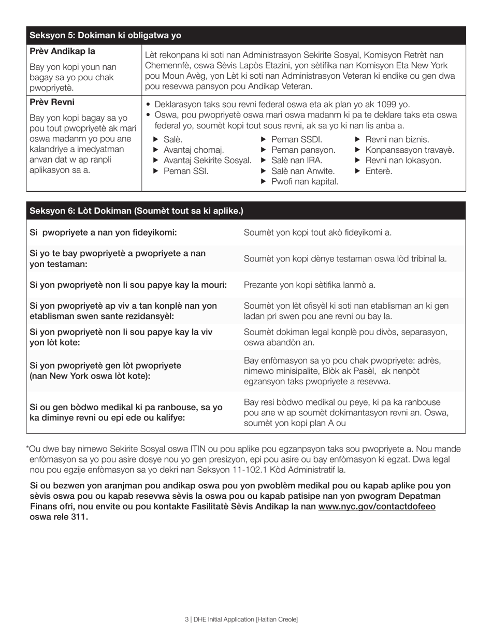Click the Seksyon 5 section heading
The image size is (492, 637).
point(105,36)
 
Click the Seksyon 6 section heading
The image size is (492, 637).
point(136,211)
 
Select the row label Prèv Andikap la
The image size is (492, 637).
point(62,51)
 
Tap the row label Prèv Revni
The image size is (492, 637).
point(52,102)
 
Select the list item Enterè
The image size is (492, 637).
point(379,171)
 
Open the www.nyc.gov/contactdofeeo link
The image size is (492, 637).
point(377,506)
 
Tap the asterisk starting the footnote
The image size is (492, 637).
point(27,448)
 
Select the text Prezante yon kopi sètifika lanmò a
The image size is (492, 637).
point(310,285)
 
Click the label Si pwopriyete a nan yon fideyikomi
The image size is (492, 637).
point(103,233)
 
